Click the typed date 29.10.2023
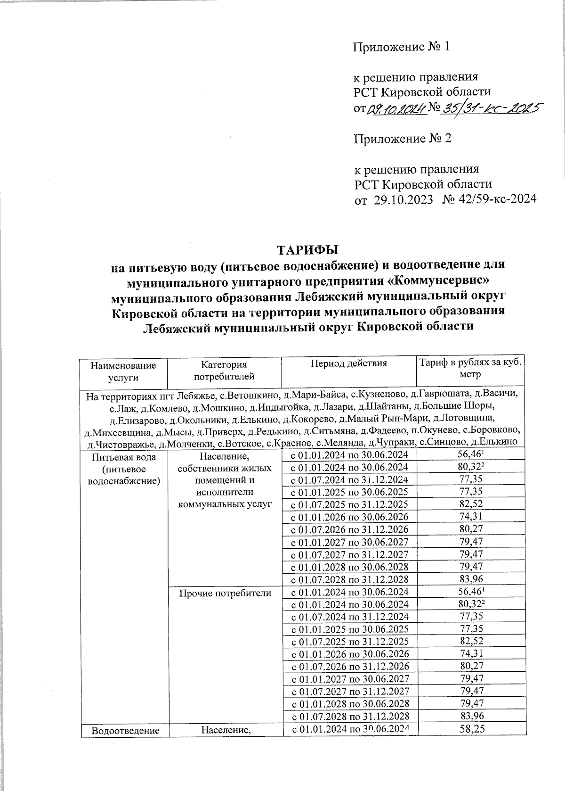tap(403, 199)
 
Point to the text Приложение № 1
tap(402, 47)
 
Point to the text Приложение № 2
tap(403, 139)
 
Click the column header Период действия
tap(348, 363)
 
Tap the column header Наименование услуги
tap(123, 371)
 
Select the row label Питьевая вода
tap(123, 457)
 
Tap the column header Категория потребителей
tap(224, 370)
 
